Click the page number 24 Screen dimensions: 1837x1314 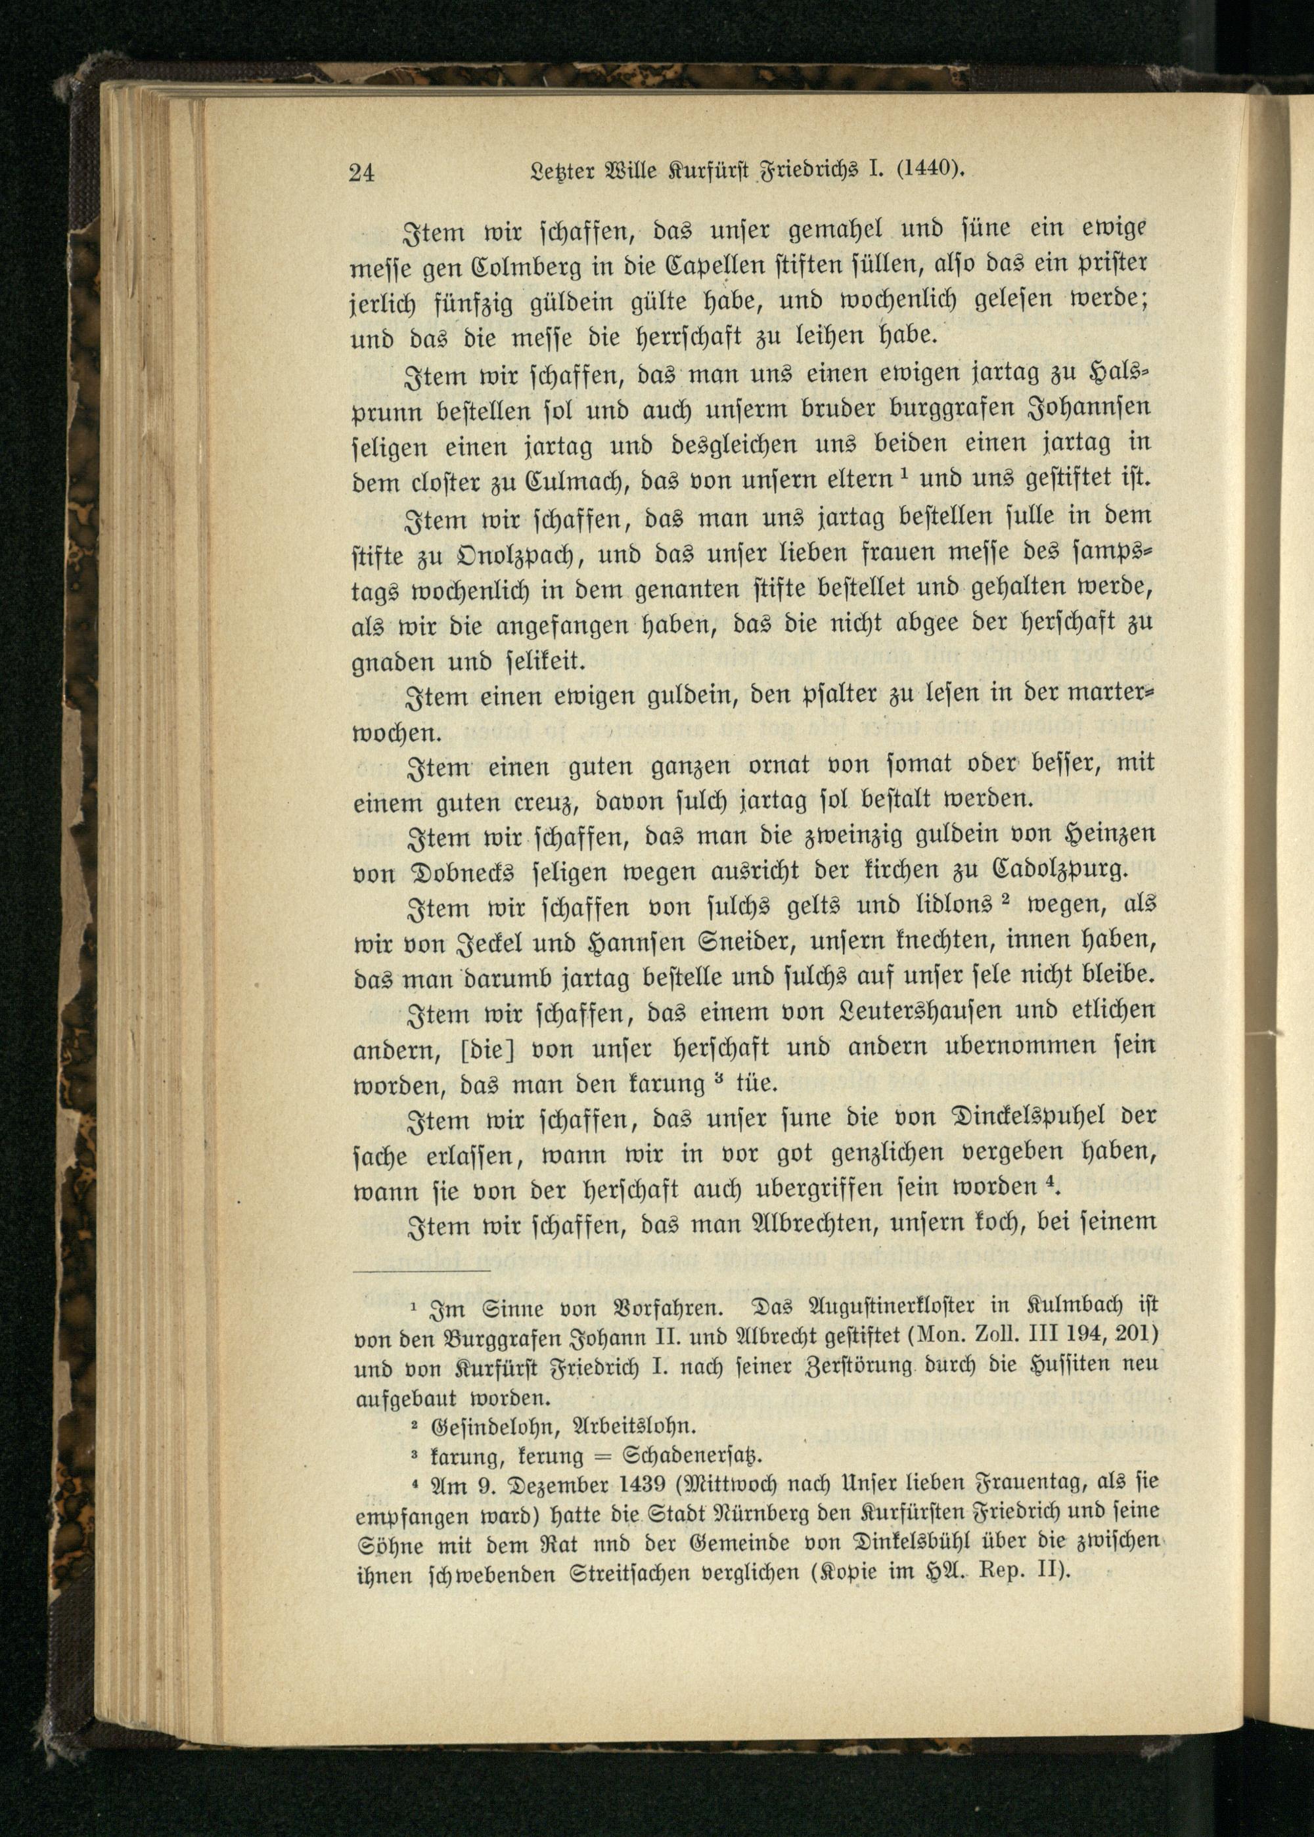(x=361, y=172)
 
